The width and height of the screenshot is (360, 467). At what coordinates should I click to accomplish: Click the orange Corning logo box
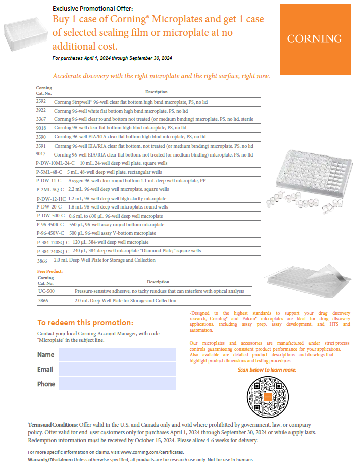[315, 39]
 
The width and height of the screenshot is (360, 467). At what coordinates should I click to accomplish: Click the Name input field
[117, 354]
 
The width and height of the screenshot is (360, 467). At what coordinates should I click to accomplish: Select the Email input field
[117, 369]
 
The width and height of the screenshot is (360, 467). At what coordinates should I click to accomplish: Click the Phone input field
[117, 384]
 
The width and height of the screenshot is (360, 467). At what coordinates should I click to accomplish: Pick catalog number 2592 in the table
[41, 101]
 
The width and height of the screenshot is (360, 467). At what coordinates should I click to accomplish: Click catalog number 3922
[41, 110]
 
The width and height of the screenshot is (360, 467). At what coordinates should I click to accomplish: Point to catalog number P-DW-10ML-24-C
[56, 163]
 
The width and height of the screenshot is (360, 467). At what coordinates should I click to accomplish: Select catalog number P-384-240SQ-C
[53, 251]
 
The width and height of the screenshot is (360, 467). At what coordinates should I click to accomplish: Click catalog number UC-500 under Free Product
[46, 291]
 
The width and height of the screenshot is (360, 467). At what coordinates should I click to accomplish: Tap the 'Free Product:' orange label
[50, 271]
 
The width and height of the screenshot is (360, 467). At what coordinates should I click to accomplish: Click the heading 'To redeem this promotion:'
[85, 323]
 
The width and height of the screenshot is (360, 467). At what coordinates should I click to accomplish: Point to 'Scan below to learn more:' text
[267, 370]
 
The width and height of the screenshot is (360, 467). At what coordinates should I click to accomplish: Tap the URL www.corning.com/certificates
[152, 452]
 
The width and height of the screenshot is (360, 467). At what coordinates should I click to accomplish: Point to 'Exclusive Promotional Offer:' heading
[93, 9]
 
